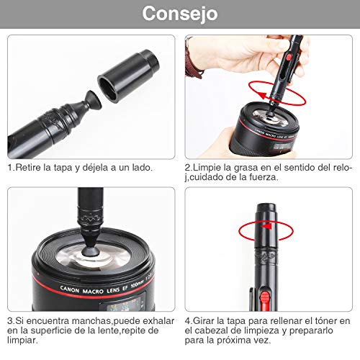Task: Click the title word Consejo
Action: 180,14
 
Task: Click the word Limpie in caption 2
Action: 206,168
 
